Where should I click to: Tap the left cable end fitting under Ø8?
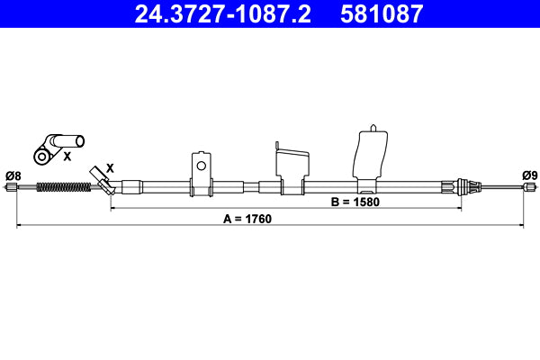(12, 188)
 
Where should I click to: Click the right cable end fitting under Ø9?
(529, 188)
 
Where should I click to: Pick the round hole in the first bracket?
(202, 165)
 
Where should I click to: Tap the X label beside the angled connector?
(110, 167)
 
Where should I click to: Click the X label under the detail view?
(67, 157)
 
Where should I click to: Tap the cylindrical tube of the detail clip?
(67, 141)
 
